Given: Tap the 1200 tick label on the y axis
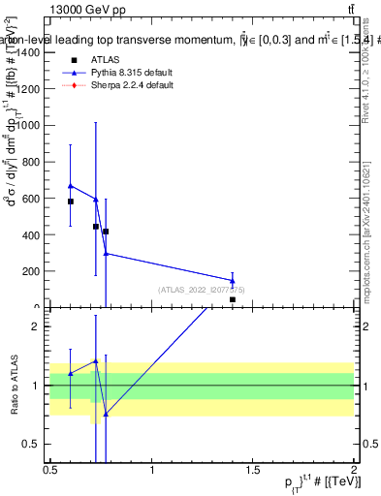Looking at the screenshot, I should pyautogui.click(x=27, y=89).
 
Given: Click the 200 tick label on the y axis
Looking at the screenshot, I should pyautogui.click(x=31, y=271).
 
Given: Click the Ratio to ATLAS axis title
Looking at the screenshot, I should pyautogui.click(x=13, y=385).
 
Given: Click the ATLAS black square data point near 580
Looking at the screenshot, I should pyautogui.click(x=71, y=201).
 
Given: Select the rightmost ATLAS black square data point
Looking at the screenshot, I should pyautogui.click(x=233, y=300).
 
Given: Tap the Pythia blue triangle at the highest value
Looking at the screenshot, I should pyautogui.click(x=71, y=185).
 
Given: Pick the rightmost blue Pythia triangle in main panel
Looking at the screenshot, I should pyautogui.click(x=233, y=281).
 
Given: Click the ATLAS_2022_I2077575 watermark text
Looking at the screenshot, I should pyautogui.click(x=202, y=290).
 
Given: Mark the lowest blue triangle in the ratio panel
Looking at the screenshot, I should pyautogui.click(x=106, y=414).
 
